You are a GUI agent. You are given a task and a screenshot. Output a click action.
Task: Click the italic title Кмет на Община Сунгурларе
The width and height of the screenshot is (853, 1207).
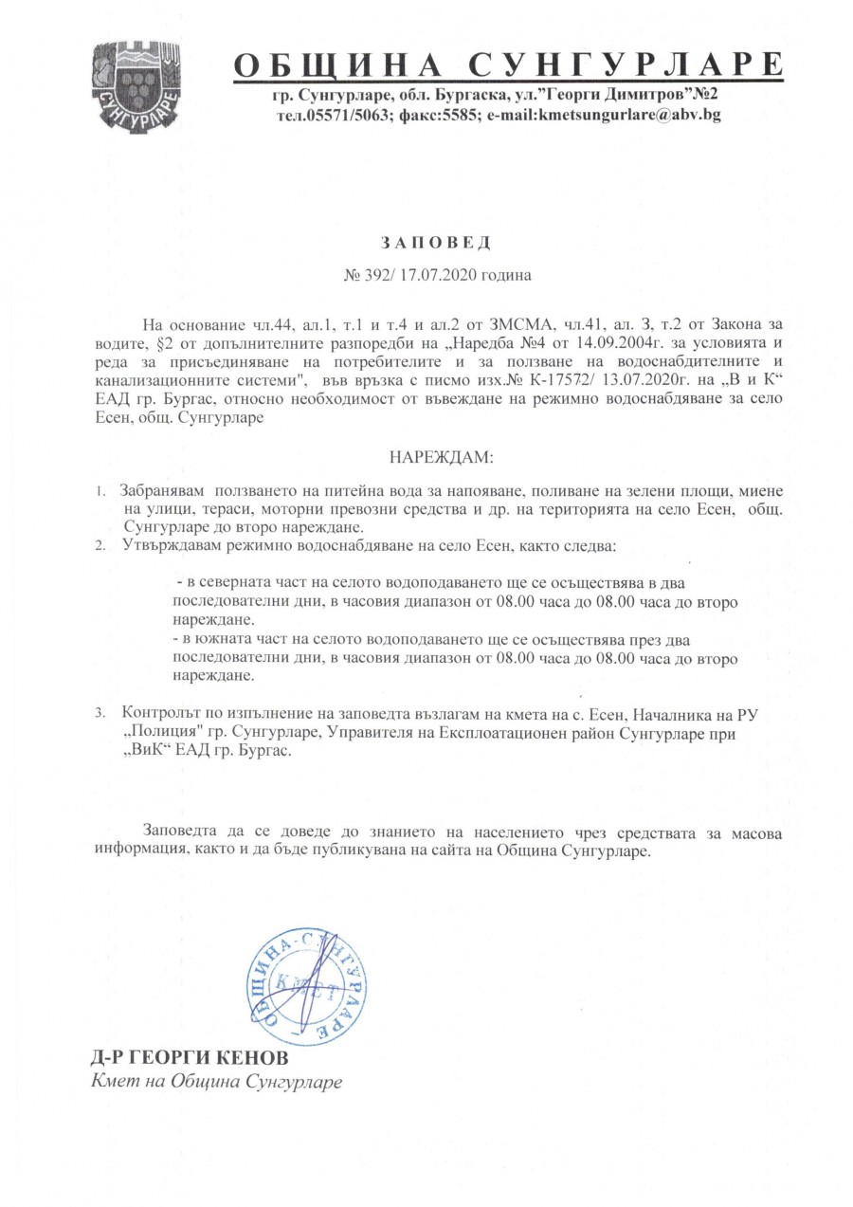coord(215,1081)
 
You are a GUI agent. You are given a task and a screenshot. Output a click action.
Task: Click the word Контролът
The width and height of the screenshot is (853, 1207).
coord(160,713)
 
